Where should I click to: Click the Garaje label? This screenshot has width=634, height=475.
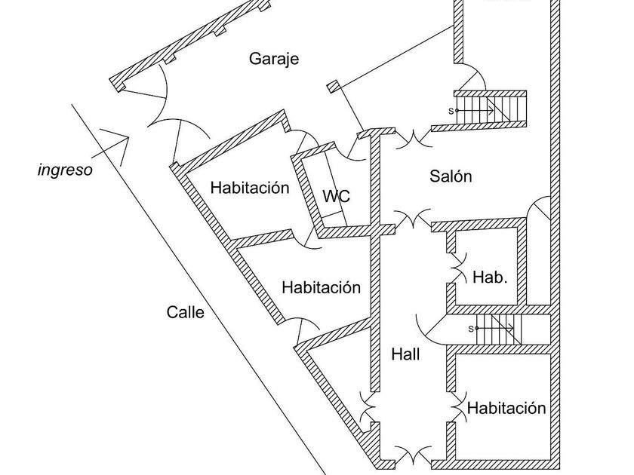click(x=274, y=59)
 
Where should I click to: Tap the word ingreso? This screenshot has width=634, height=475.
click(x=65, y=170)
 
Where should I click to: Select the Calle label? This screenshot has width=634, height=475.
click(x=185, y=312)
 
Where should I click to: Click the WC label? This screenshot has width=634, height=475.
click(x=336, y=197)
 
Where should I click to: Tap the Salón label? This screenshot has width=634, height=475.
click(x=451, y=176)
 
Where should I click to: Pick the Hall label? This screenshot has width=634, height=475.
click(x=405, y=354)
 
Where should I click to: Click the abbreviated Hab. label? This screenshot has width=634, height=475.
click(x=490, y=277)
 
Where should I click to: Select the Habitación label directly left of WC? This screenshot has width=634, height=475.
click(x=250, y=188)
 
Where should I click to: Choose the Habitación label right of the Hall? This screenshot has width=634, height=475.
click(x=506, y=409)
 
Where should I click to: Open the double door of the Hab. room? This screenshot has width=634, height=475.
click(x=457, y=268)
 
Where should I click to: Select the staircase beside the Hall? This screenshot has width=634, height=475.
click(x=498, y=329)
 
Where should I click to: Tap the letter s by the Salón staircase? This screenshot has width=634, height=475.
click(x=451, y=111)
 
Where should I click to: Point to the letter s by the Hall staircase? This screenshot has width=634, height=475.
click(x=471, y=328)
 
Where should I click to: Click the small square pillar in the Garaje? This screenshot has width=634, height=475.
click(x=333, y=86)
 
